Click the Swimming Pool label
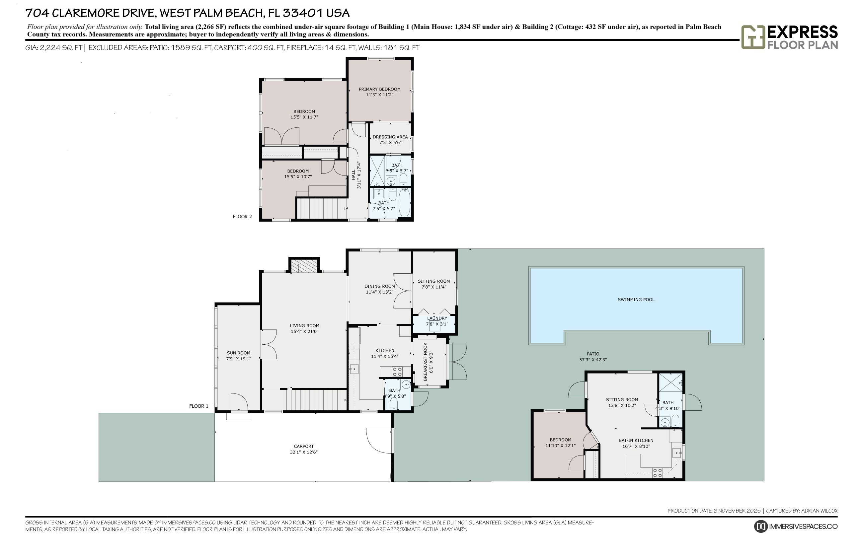coord(636,300)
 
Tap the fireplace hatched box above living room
coord(304,266)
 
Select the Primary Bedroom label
coord(379,89)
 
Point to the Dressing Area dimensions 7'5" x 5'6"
coord(390,143)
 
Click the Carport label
coord(304,447)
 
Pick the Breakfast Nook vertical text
coord(426,361)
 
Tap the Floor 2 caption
coord(242,217)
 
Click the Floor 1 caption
coord(198,406)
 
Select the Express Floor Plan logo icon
coord(753,37)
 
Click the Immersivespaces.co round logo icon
coord(760,526)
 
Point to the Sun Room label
coord(239,353)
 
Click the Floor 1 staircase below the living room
coord(314,400)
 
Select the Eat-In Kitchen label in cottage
coord(636,441)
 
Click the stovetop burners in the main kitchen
coord(397,372)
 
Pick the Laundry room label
coord(437,318)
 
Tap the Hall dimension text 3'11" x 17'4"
coord(359,175)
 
